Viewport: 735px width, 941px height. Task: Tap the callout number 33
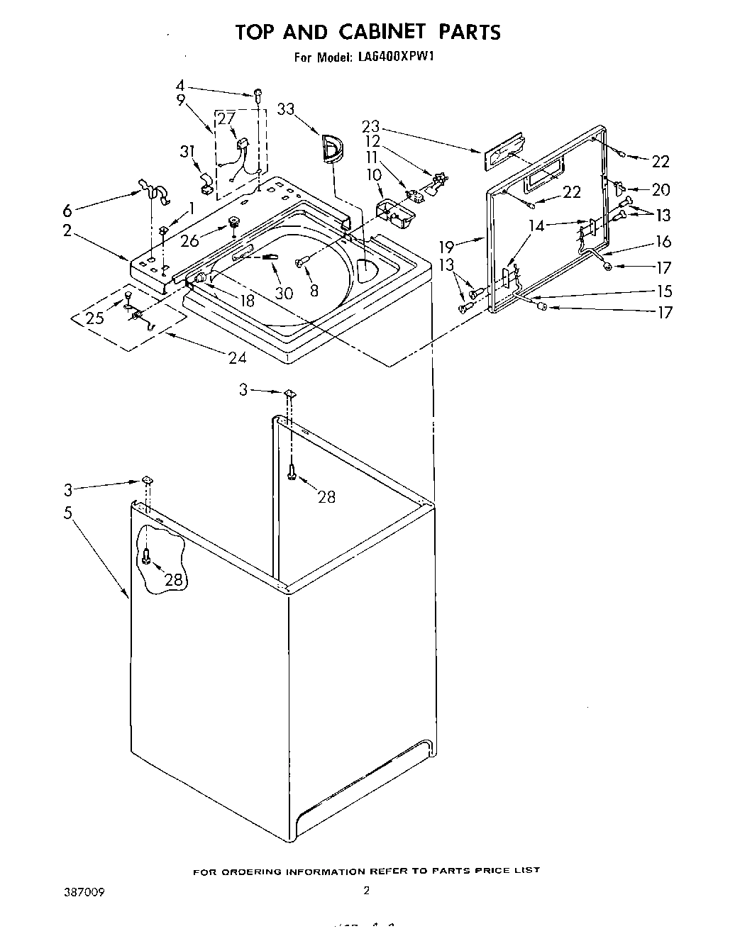tap(285, 108)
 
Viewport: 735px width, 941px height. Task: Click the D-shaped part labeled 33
tap(331, 150)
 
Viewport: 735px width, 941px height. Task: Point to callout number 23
tap(370, 126)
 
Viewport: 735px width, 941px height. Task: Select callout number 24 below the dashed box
tap(237, 357)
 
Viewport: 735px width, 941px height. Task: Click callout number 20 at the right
tap(661, 189)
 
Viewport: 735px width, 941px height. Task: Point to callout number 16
tap(663, 241)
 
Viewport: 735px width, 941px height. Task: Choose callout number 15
tap(664, 291)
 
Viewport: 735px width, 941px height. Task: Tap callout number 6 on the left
tap(67, 210)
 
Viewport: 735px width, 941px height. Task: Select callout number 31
tap(187, 151)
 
